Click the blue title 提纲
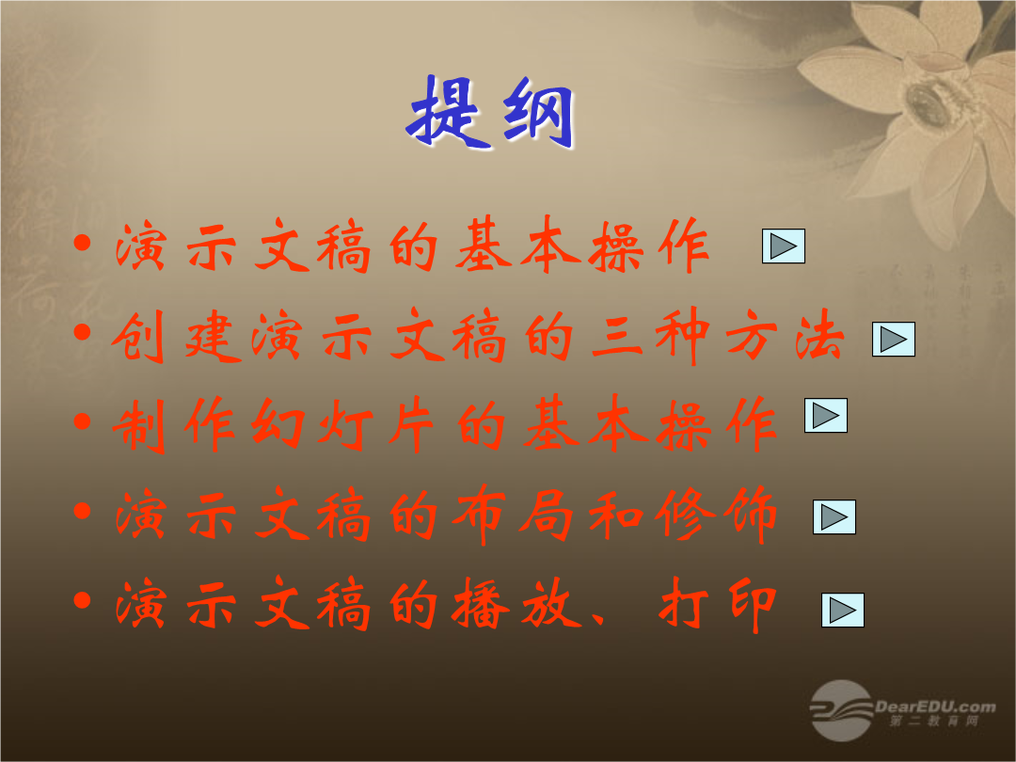tap(490, 113)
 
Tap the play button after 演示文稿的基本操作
tap(784, 246)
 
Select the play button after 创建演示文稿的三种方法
tap(894, 339)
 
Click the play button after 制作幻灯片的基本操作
tap(826, 416)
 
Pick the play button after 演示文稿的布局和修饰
tap(834, 517)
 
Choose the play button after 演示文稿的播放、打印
tap(843, 611)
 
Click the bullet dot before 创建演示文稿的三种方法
tap(82, 332)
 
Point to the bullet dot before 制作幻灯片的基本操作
tap(82, 421)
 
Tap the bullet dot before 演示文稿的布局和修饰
tap(82, 511)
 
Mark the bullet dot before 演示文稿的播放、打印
tap(82, 600)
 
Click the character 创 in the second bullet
tap(138, 337)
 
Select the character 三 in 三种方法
tap(616, 338)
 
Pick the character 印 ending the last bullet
tap(752, 605)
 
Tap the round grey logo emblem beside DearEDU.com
tap(842, 710)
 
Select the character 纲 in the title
tap(539, 114)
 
